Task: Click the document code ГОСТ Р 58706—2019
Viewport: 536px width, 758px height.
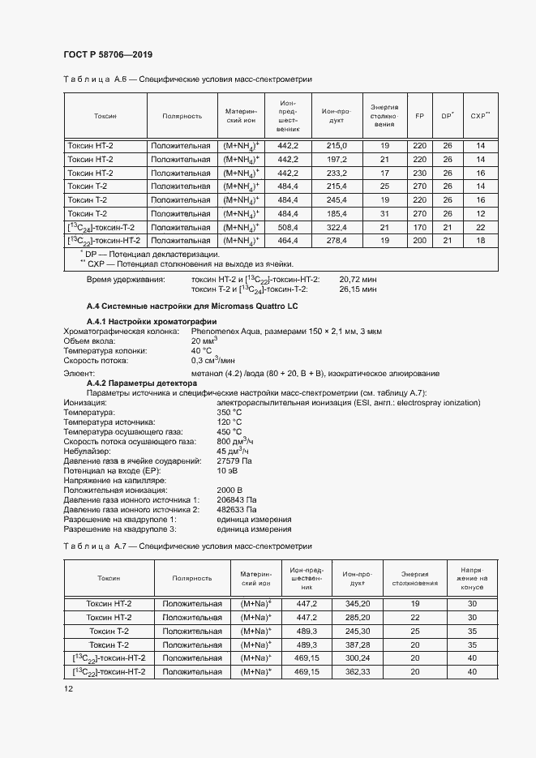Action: [x=107, y=54]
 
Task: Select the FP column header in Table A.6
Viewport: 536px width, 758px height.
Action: [x=419, y=116]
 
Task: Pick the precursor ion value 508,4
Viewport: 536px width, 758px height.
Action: [x=288, y=227]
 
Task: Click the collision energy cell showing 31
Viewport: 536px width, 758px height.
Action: [x=385, y=213]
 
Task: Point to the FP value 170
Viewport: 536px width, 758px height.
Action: [x=419, y=227]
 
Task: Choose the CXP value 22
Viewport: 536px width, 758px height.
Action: [x=480, y=227]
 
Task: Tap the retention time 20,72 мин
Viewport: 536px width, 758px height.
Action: [x=358, y=279]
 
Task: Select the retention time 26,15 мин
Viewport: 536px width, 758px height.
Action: [x=358, y=289]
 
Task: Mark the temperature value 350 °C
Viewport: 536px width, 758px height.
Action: [x=229, y=413]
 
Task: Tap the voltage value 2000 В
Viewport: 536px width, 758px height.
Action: [x=229, y=490]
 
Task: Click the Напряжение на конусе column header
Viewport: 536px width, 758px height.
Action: [x=473, y=578]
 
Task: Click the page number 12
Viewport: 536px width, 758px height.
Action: [x=68, y=689]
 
